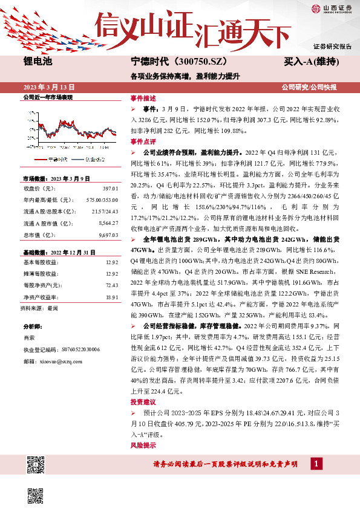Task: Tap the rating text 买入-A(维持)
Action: tap(310, 62)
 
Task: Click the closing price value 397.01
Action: tap(110, 189)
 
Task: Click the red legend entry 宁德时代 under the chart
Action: tap(55, 160)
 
